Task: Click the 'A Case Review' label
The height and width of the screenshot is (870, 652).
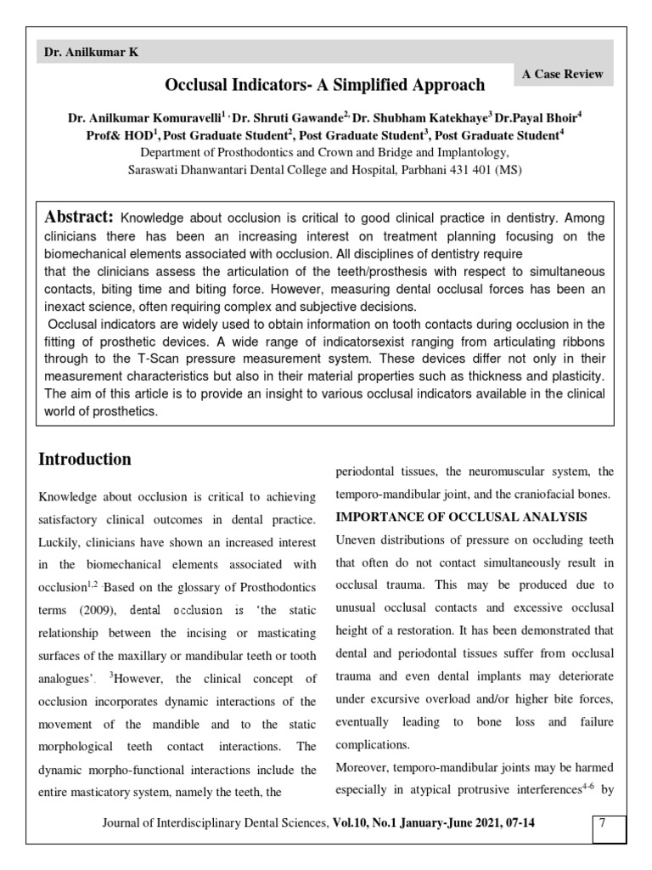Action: [x=563, y=74]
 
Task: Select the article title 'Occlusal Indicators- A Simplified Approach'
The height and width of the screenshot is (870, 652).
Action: [x=325, y=85]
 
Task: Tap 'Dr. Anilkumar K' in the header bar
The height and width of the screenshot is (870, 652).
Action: [x=92, y=53]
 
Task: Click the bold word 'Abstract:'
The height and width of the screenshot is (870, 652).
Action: [x=79, y=217]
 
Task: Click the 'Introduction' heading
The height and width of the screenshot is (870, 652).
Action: [x=85, y=460]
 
